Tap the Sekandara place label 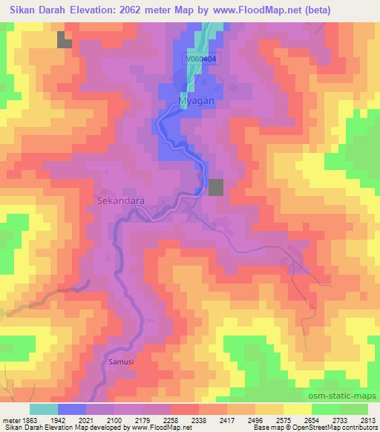coord(121,200)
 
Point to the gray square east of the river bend coord(215,187)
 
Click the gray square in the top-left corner coord(65,41)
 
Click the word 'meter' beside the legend coord(10,421)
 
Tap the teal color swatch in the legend coord(43,409)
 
